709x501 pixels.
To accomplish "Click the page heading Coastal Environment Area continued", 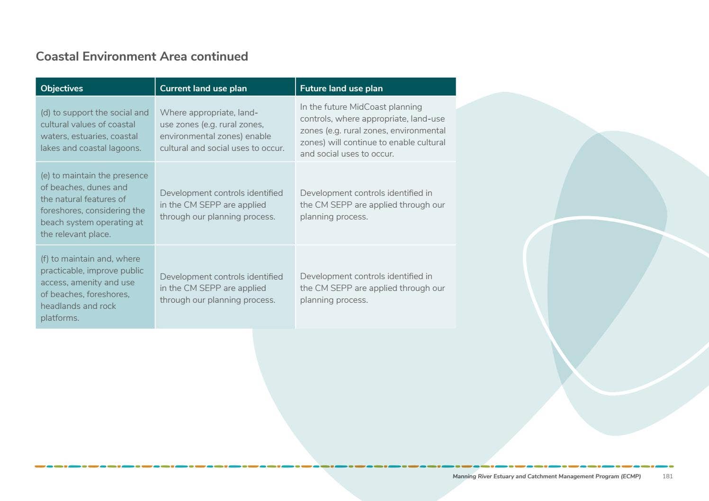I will coord(142,56).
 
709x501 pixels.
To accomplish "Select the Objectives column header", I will coord(62,88).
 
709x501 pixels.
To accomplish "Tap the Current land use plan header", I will coord(203,88).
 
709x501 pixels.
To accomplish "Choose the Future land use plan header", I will coord(341,88).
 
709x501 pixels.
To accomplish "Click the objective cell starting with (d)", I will coord(95,130).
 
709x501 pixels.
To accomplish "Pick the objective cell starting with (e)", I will coord(95,204).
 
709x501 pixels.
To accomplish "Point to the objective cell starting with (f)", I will coord(95,288).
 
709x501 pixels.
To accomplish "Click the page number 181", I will coord(667,476).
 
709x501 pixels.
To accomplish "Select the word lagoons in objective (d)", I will coord(125,148).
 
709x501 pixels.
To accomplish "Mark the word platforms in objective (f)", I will coord(60,318).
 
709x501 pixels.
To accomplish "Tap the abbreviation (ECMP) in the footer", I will coord(630,476).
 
